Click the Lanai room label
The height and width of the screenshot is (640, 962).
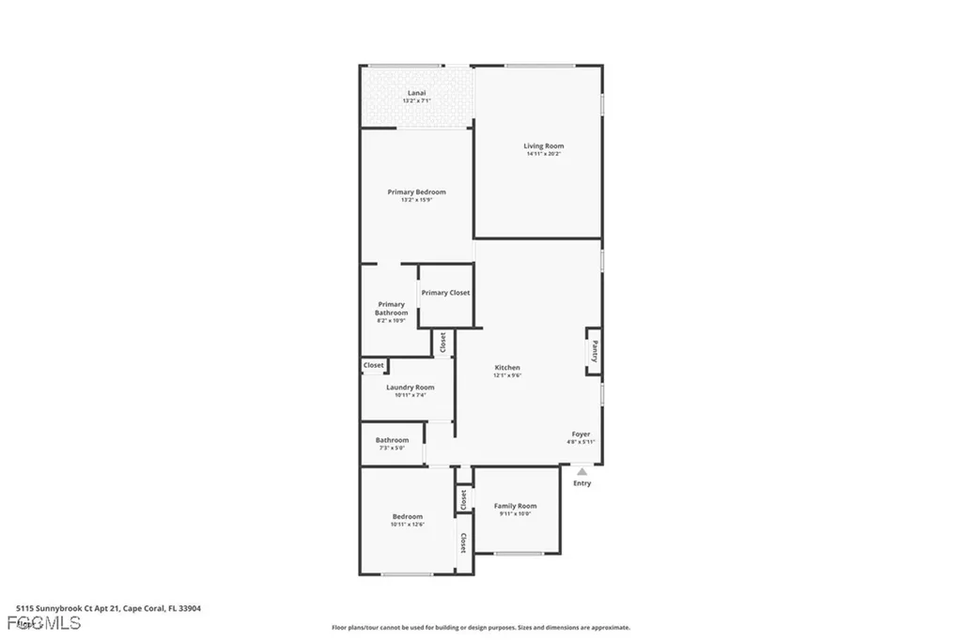pyautogui.click(x=416, y=92)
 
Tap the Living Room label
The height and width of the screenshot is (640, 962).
pyautogui.click(x=543, y=145)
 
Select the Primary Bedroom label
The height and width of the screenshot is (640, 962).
pyautogui.click(x=416, y=191)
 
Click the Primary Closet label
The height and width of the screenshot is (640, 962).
pyautogui.click(x=445, y=293)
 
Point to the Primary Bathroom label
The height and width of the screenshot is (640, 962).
pyautogui.click(x=392, y=308)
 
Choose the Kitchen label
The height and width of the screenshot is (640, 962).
pyautogui.click(x=507, y=367)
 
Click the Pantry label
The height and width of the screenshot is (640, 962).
pyautogui.click(x=595, y=351)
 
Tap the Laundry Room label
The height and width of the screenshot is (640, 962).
pyautogui.click(x=410, y=387)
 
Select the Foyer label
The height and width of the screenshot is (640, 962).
pyautogui.click(x=582, y=434)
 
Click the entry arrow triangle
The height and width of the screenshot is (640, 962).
pyautogui.click(x=582, y=472)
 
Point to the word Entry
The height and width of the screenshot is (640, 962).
pyautogui.click(x=582, y=483)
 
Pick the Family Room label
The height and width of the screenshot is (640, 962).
pyautogui.click(x=515, y=506)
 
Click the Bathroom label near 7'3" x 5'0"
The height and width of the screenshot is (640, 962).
pyautogui.click(x=392, y=440)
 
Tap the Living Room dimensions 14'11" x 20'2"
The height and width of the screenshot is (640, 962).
pyautogui.click(x=543, y=154)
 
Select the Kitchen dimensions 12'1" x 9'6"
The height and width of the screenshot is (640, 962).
pyautogui.click(x=507, y=375)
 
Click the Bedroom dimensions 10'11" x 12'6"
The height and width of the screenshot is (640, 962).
pyautogui.click(x=407, y=525)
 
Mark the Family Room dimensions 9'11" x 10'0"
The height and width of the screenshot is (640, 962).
pyautogui.click(x=515, y=514)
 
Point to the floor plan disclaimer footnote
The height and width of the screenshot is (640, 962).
pyautogui.click(x=480, y=628)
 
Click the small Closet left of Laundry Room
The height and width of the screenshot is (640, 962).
pyautogui.click(x=374, y=365)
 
